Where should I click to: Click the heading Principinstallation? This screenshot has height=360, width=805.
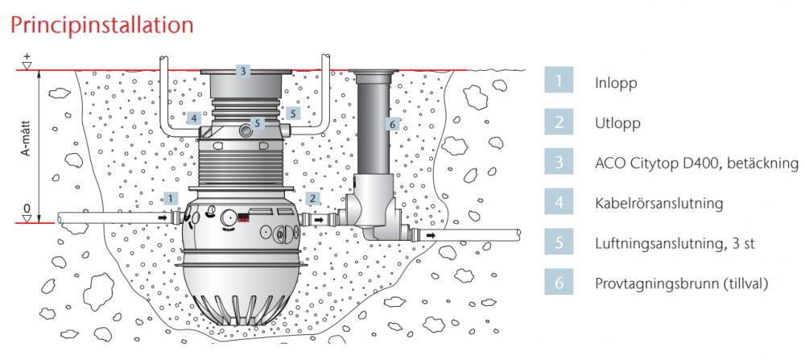(101, 25)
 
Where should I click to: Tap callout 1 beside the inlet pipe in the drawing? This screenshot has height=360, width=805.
(171, 198)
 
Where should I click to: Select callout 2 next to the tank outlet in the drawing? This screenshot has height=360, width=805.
(312, 198)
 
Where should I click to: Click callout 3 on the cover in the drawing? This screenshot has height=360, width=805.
(243, 71)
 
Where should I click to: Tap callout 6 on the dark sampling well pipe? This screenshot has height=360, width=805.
(393, 124)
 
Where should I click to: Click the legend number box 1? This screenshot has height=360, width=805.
(559, 80)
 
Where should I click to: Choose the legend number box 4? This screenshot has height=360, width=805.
(559, 201)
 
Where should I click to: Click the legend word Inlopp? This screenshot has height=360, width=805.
(616, 83)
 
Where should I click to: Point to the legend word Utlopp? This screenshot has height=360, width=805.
(617, 123)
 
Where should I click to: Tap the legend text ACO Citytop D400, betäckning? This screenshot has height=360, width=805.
(696, 163)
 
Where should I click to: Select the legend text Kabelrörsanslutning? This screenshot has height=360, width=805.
(659, 204)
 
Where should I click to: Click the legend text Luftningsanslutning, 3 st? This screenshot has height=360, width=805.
(675, 243)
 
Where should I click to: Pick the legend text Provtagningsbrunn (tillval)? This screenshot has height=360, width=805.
(681, 283)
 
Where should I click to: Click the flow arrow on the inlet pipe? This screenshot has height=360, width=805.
(163, 218)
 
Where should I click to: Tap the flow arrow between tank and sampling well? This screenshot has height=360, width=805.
(319, 220)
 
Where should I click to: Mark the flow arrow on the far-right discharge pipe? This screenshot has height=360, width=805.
(431, 236)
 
